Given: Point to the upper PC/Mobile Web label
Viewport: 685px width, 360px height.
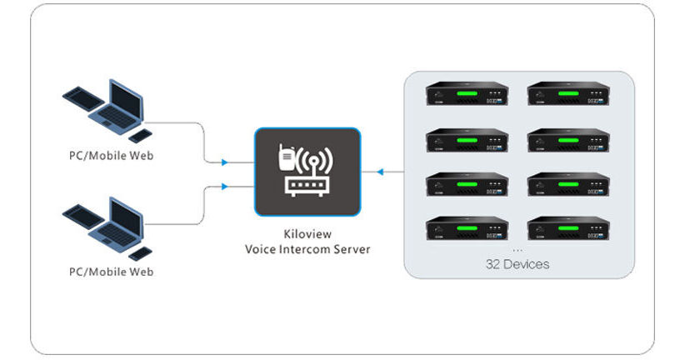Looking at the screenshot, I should click(111, 156).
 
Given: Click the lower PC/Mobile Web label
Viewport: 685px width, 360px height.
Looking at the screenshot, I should click(111, 272).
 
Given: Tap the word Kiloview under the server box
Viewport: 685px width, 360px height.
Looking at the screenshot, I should click(307, 236).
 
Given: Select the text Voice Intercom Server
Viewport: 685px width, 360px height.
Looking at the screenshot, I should click(307, 250).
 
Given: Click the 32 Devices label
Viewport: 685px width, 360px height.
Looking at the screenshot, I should click(517, 264).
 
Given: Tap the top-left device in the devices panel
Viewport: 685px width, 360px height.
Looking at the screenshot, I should click(467, 93).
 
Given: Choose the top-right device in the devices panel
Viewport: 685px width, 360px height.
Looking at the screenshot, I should click(568, 93).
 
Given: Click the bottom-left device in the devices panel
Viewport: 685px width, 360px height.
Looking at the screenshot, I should click(467, 228).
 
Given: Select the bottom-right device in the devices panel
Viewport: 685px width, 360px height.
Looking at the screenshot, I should click(568, 228).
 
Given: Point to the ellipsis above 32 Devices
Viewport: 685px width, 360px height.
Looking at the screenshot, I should click(517, 249).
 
